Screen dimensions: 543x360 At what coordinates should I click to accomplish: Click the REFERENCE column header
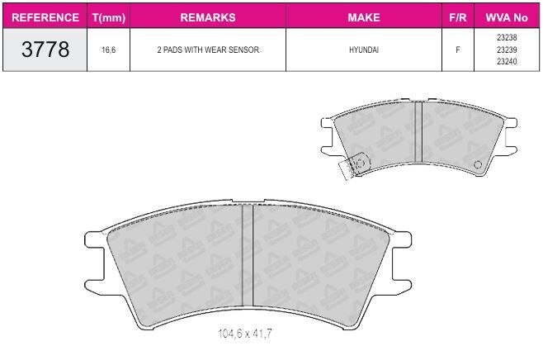coord(45,17)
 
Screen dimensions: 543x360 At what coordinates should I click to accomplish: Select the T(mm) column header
coord(109,17)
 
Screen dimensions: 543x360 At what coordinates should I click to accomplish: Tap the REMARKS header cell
coord(208,17)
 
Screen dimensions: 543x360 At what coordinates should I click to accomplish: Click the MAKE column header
coord(364,17)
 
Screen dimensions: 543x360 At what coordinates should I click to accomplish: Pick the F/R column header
coord(457,17)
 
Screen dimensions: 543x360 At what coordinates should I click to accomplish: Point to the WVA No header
coord(507,17)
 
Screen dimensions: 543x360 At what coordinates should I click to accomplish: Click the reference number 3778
coord(45,50)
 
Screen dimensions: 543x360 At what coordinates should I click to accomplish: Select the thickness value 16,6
coord(108,50)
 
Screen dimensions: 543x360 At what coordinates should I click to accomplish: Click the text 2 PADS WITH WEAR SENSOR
coord(208,50)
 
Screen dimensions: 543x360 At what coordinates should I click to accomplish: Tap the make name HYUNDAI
coord(364,50)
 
